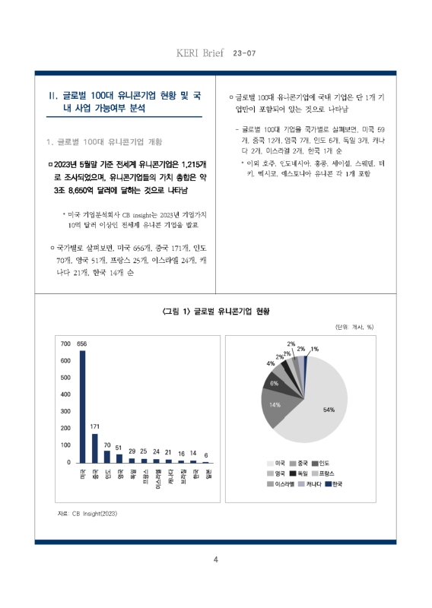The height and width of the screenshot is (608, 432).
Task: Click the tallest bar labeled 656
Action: coord(83,406)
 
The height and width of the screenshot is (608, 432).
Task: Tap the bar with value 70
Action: coord(107,456)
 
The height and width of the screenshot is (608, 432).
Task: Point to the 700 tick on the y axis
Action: coord(65,344)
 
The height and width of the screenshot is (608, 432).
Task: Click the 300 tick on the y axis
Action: coord(65,411)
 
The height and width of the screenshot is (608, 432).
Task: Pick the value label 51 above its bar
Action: coord(119,448)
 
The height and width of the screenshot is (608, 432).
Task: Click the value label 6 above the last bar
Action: coord(205,455)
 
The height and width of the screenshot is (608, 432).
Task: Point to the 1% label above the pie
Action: coord(314,349)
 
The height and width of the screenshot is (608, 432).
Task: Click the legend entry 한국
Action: coord(333,483)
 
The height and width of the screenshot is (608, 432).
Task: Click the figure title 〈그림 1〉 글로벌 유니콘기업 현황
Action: coord(216,312)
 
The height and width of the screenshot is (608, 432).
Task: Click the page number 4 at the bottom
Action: coord(216,560)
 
